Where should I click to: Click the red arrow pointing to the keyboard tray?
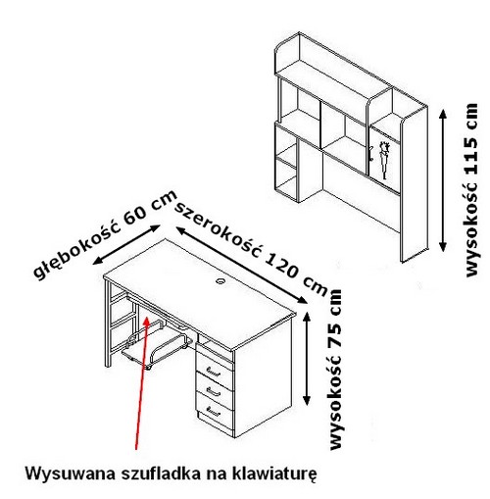142,383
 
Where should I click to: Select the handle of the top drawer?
212,371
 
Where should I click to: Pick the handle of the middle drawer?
213,390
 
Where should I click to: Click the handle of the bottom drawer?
213,410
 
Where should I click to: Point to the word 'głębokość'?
77,248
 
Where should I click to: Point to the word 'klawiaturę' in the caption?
273,474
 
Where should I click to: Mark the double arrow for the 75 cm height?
307,359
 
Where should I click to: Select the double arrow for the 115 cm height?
443,180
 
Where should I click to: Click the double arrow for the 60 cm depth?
126,244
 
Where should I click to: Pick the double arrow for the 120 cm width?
242,265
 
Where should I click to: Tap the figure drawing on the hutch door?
385,160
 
